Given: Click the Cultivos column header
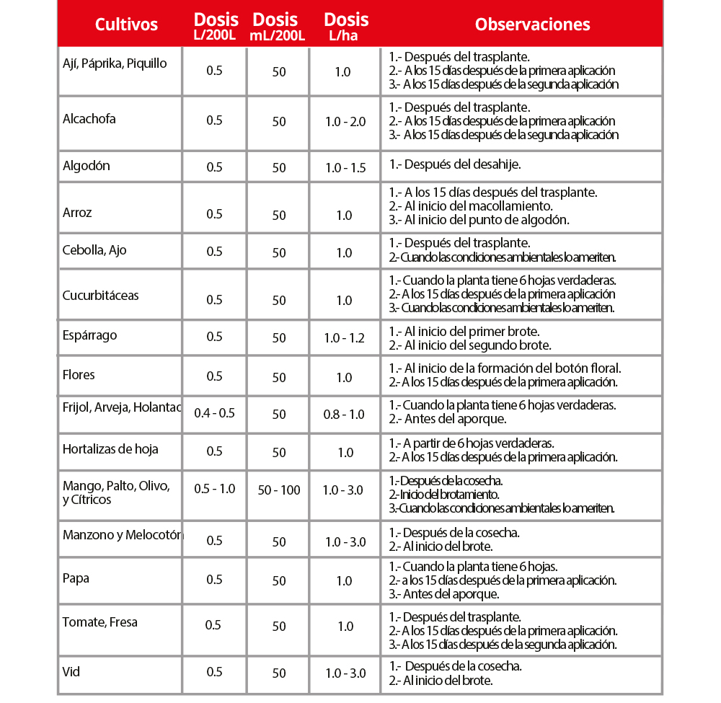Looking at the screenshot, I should (126, 25).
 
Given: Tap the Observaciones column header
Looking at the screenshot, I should (532, 24).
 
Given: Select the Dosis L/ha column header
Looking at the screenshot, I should (346, 26).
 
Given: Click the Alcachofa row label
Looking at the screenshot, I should (89, 119).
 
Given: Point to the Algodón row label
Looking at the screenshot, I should (87, 166).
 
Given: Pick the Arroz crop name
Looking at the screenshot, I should (77, 213).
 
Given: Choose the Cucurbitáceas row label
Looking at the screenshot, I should (101, 296).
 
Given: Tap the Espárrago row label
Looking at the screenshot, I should (89, 335).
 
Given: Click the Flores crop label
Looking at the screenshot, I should (79, 375).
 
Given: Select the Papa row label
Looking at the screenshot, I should (76, 578).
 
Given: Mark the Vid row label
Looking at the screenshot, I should (71, 672).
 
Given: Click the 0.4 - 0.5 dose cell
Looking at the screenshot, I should (215, 414).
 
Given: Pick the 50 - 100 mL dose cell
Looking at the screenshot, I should (279, 490).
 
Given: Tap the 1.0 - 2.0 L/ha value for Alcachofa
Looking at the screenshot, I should (345, 122).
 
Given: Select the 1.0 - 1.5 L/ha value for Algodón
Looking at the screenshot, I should (345, 168).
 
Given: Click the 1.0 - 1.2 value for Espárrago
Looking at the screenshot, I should (345, 337).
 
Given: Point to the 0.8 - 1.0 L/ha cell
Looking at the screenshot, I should (345, 415).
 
